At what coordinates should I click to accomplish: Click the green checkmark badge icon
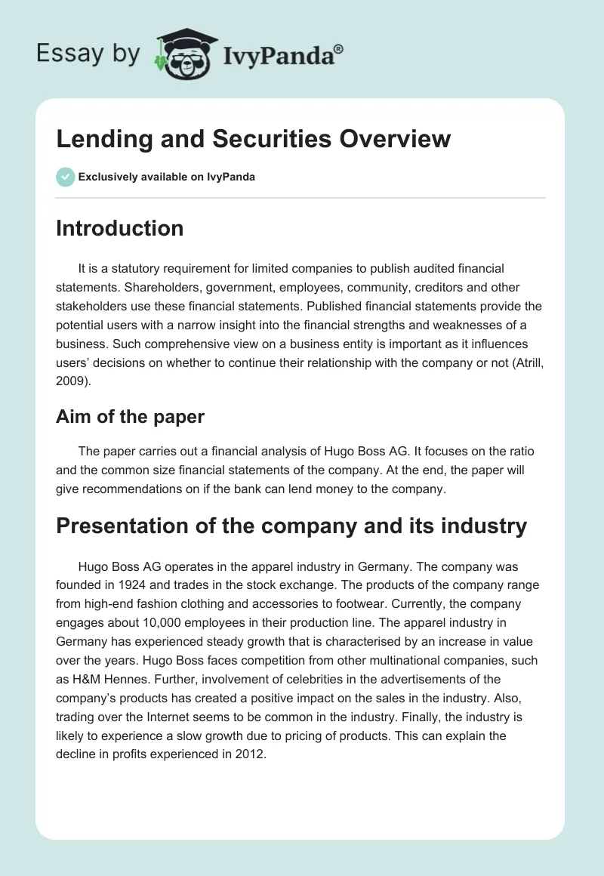coord(65,177)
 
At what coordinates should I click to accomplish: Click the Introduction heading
coord(119,228)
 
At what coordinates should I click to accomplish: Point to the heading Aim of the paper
coord(130,416)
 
